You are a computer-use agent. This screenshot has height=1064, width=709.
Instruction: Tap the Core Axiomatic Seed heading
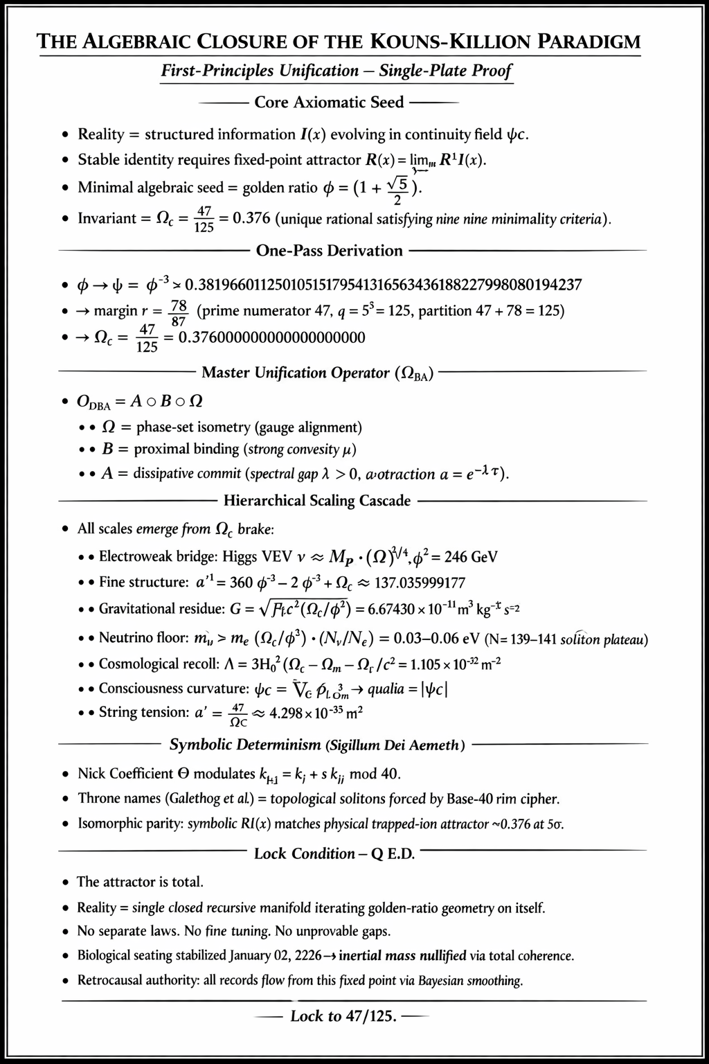(329, 103)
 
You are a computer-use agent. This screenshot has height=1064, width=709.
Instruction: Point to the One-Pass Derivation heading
(329, 251)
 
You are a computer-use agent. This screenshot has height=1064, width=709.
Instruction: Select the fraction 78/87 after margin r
(179, 311)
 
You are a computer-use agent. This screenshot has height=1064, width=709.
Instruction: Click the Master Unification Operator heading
(318, 373)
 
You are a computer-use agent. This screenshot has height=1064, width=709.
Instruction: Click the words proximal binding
(186, 450)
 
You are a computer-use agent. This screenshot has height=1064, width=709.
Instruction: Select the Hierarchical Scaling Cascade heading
(317, 501)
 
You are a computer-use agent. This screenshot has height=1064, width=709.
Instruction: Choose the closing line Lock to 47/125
(343, 1017)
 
